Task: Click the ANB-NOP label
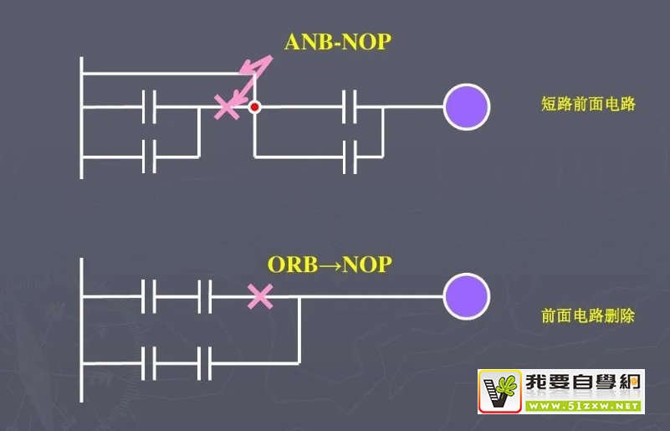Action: point(337,41)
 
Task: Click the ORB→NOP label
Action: point(329,264)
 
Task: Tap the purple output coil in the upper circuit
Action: point(466,107)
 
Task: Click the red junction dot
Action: point(255,107)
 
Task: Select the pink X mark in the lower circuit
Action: point(260,295)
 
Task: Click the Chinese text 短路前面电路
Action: point(588,105)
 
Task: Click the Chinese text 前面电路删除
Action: point(588,316)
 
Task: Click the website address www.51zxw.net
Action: point(584,405)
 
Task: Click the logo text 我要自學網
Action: point(584,383)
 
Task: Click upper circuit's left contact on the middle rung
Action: point(150,107)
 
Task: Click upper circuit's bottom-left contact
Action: point(150,156)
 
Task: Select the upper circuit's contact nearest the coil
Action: point(350,107)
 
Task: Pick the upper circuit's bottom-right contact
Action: point(350,156)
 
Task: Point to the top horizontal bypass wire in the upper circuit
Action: point(167,74)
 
